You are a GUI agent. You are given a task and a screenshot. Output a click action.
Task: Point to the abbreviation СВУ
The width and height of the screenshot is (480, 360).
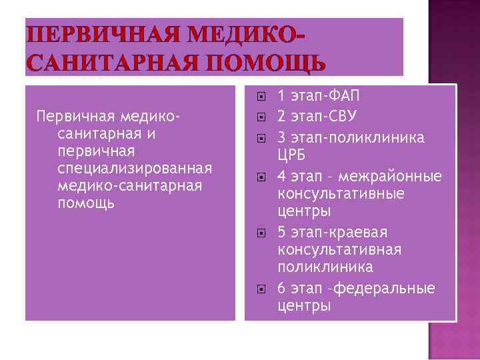[x=342, y=117]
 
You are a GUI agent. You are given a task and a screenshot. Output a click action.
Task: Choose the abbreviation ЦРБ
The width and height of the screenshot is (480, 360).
[x=295, y=154]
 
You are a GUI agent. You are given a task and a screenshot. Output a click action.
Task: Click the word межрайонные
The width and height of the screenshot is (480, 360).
[x=390, y=177]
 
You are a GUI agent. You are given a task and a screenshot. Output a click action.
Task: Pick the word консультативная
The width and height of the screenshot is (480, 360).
[x=339, y=249]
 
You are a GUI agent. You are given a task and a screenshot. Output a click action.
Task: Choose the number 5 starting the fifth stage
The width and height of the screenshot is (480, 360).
[x=281, y=232]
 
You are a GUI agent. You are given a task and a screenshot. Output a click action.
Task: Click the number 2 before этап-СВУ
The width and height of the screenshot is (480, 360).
[x=281, y=117]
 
